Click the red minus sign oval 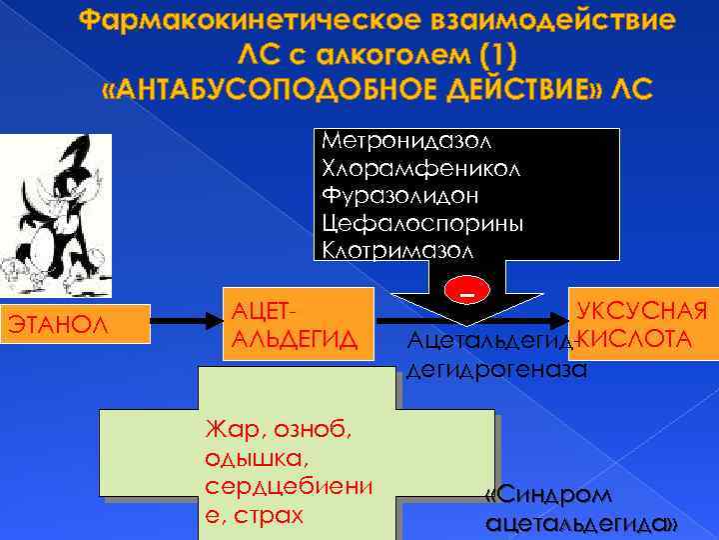466,289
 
